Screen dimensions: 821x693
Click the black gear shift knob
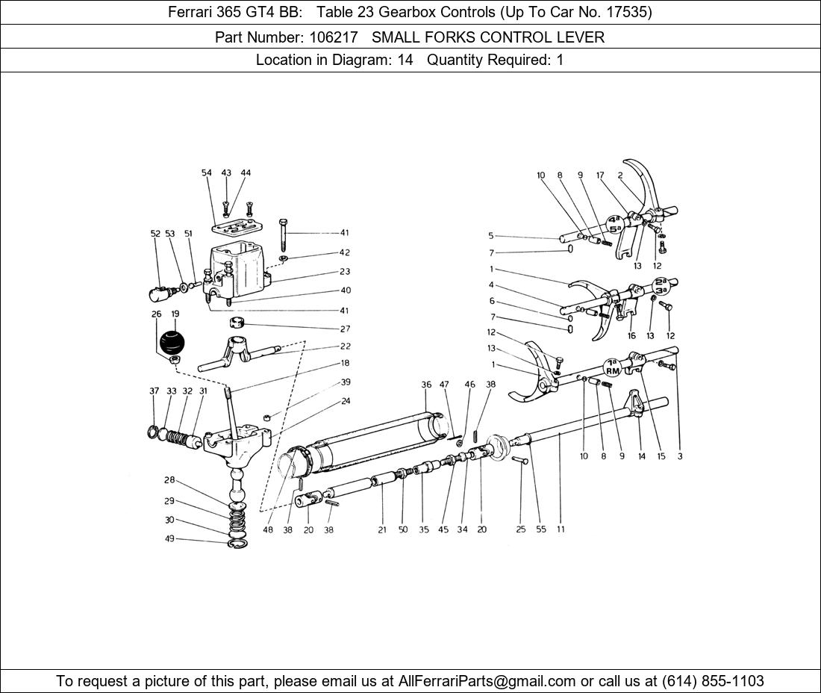click(x=172, y=341)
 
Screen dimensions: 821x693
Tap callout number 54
click(x=206, y=173)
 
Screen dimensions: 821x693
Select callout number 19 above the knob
click(x=175, y=314)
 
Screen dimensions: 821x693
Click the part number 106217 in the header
click(x=334, y=37)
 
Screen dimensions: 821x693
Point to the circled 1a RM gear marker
click(x=612, y=367)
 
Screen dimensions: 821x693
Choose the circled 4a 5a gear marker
click(x=615, y=224)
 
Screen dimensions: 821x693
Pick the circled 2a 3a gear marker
click(x=661, y=285)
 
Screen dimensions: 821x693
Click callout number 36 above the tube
click(x=426, y=385)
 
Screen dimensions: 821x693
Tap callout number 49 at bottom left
click(x=169, y=538)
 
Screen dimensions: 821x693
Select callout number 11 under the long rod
click(x=561, y=529)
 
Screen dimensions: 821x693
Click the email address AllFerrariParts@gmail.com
click(x=487, y=681)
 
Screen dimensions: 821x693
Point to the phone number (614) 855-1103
click(x=713, y=681)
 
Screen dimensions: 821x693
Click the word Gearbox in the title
click(x=408, y=12)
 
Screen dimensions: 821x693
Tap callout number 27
click(x=345, y=329)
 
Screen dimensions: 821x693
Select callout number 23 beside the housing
click(x=345, y=271)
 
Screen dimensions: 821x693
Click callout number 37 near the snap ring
click(x=154, y=391)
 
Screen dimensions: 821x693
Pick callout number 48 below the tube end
click(x=267, y=529)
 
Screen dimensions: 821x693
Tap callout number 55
click(x=541, y=529)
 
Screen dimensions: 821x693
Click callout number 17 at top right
click(x=600, y=175)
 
